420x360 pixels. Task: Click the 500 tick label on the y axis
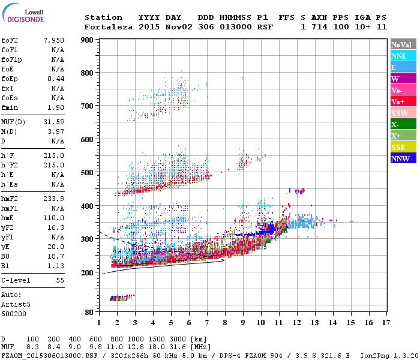click(x=87, y=173)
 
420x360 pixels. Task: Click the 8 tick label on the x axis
click(x=225, y=323)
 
